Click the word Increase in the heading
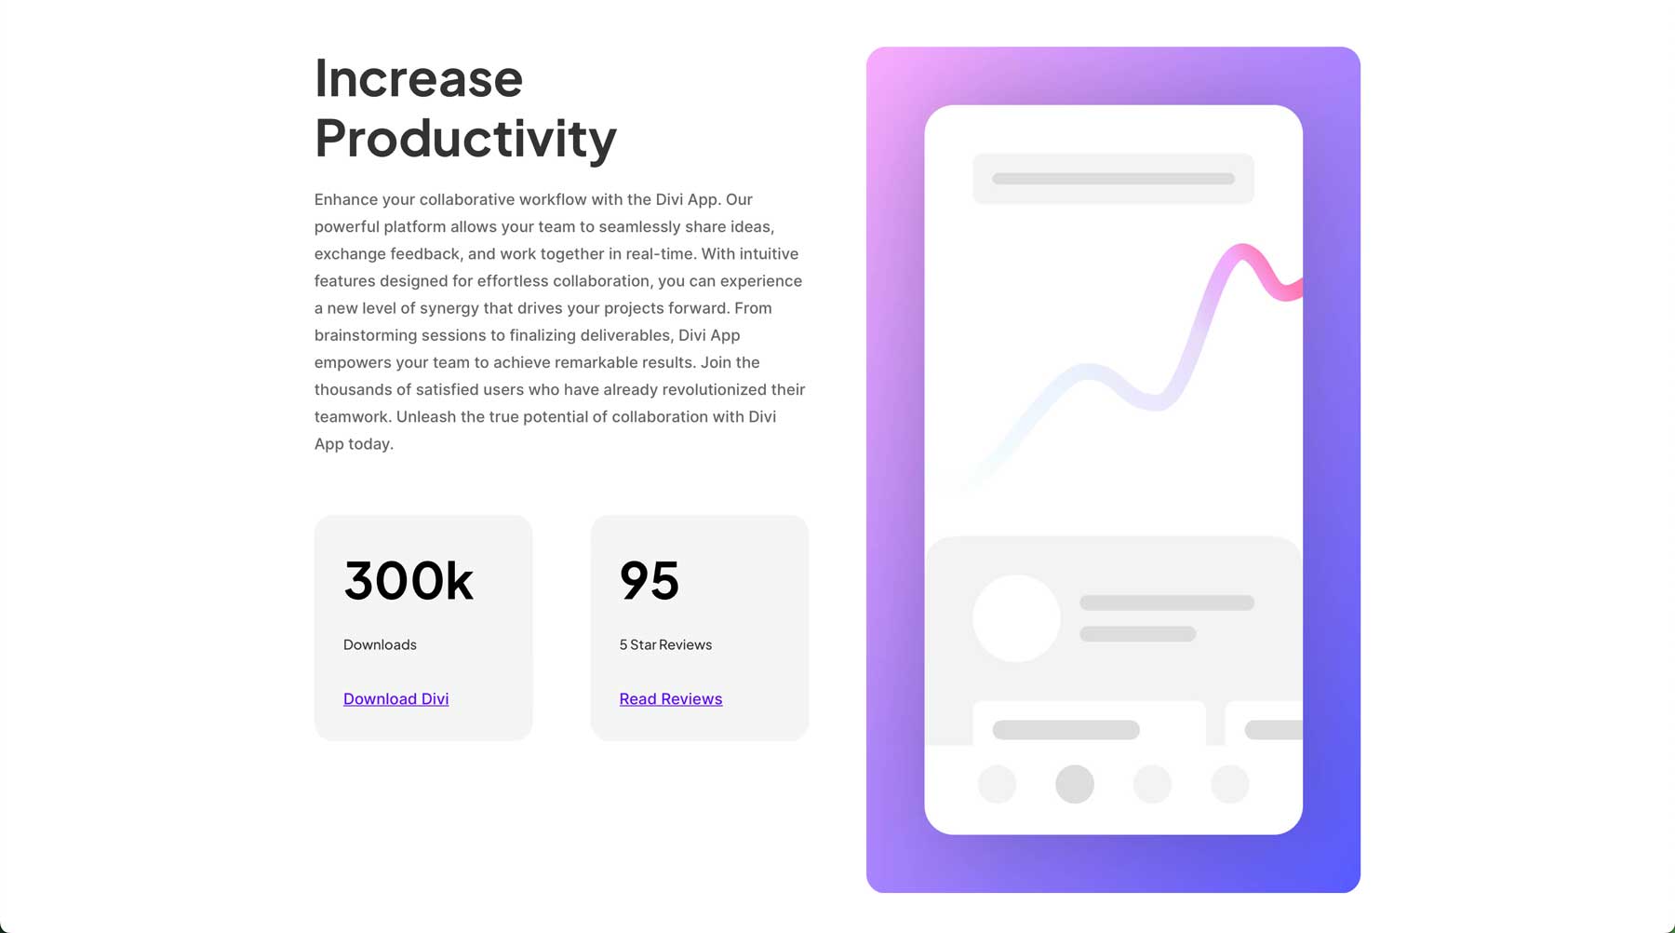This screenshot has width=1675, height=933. pos(419,78)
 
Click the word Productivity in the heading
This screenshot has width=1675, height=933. pos(465,140)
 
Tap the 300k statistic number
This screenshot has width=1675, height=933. pos(409,581)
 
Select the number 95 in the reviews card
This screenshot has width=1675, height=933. pos(650,581)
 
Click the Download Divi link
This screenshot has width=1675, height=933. pos(395,699)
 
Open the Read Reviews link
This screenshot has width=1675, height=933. pos(671,699)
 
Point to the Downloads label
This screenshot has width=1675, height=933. pos(380,644)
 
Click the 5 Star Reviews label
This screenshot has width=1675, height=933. pos(665,644)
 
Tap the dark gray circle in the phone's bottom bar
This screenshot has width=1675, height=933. pos(1075,784)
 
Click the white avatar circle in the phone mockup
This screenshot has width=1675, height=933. pos(1016,618)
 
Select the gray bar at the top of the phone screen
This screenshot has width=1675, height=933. pos(1113,179)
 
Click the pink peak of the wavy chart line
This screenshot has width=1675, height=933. pos(1241,250)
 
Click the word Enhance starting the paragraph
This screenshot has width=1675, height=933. pos(346,199)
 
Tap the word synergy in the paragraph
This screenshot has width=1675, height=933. pos(449,308)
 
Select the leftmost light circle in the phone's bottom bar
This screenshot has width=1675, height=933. pos(998,784)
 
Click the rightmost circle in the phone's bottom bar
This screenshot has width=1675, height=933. pos(1230,784)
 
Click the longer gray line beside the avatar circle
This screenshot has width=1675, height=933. pos(1167,602)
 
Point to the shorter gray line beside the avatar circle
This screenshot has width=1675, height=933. pos(1138,634)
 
